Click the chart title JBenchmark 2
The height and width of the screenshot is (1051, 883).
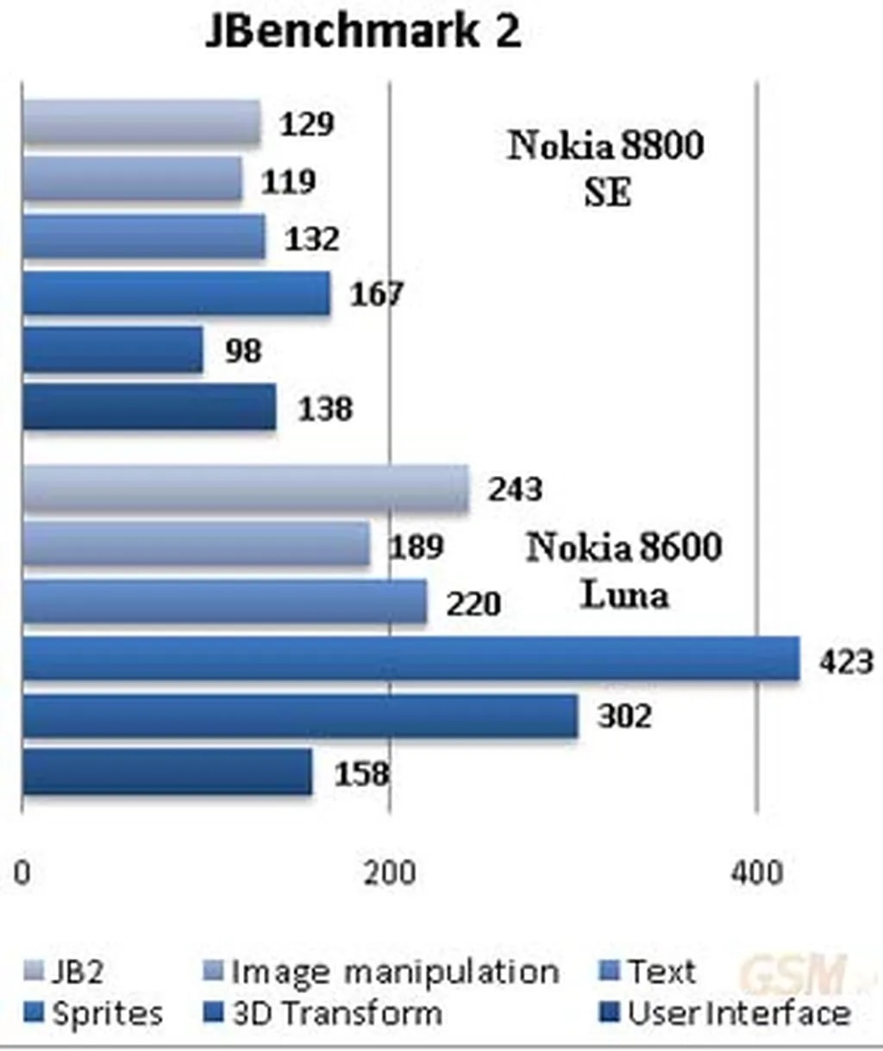[363, 33]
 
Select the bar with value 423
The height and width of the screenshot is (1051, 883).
[410, 660]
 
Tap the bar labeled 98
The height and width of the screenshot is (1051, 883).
[112, 350]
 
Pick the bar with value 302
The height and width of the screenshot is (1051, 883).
[300, 716]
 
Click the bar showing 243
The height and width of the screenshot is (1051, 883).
[246, 490]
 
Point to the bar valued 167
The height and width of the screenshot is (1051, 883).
[176, 294]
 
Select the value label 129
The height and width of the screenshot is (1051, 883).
[306, 124]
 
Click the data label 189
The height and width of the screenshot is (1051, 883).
[416, 547]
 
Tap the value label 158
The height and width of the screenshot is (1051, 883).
[361, 773]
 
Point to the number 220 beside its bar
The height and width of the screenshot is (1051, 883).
[473, 604]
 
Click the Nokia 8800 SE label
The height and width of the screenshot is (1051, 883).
[605, 167]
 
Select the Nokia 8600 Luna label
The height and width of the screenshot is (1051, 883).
[623, 570]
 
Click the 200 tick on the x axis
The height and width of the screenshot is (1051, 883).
[389, 873]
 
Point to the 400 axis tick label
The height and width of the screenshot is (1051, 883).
[757, 873]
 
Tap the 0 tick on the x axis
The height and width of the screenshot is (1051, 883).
[22, 873]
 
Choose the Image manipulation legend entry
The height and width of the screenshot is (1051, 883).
[382, 973]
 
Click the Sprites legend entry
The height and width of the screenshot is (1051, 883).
[94, 1014]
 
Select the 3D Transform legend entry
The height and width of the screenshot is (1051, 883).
[324, 1014]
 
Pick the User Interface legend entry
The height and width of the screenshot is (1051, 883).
[725, 1014]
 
